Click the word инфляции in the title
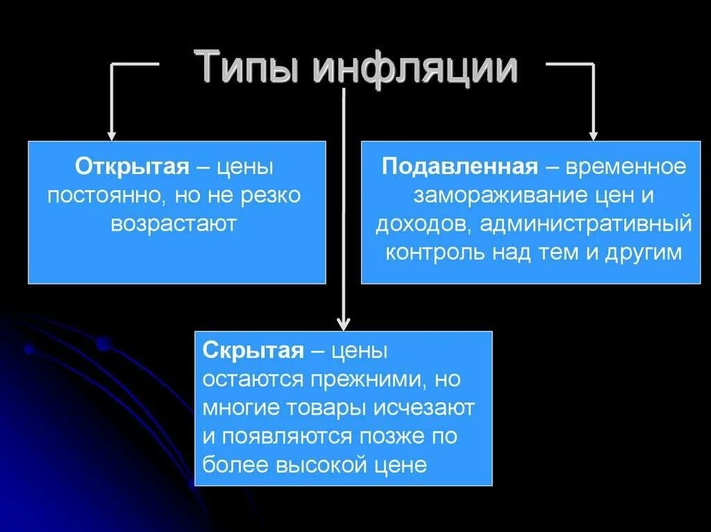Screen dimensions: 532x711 coord(415,68)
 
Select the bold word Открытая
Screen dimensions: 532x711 coord(133,167)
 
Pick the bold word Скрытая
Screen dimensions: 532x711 coord(253,351)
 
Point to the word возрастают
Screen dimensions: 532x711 coord(177,223)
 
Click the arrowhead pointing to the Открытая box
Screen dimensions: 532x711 coord(111,135)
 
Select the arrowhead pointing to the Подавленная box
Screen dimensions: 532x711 coord(593,135)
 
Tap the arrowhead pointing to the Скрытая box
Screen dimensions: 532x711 coord(343,324)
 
